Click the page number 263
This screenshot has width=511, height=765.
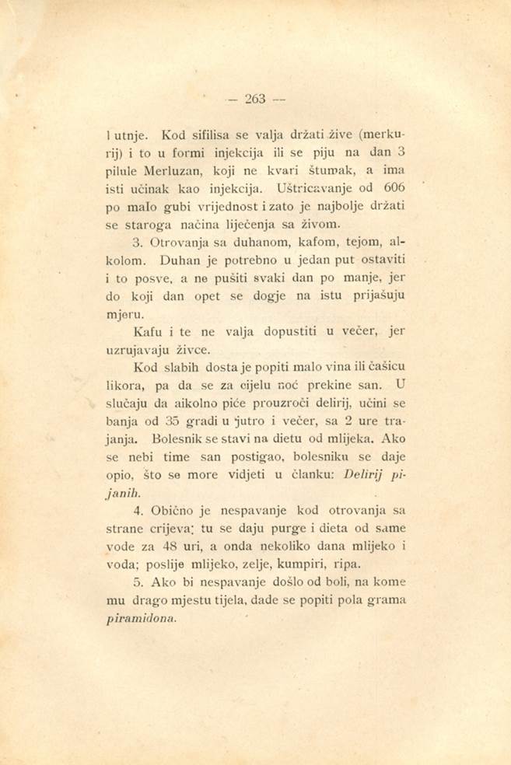(x=256, y=99)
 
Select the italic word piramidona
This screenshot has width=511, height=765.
(x=140, y=620)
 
